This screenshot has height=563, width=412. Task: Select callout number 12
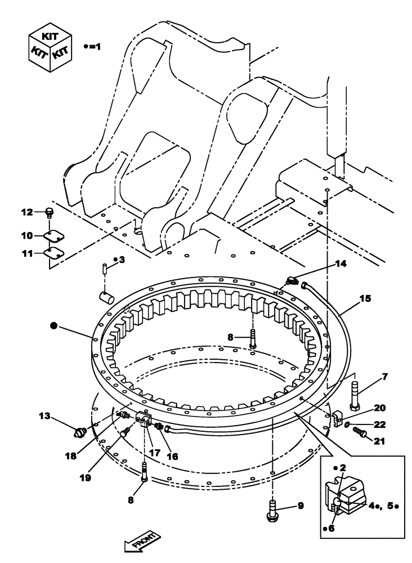coord(28,212)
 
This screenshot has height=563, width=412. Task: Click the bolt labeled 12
coord(49,213)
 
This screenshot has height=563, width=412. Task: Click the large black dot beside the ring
coord(53,325)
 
